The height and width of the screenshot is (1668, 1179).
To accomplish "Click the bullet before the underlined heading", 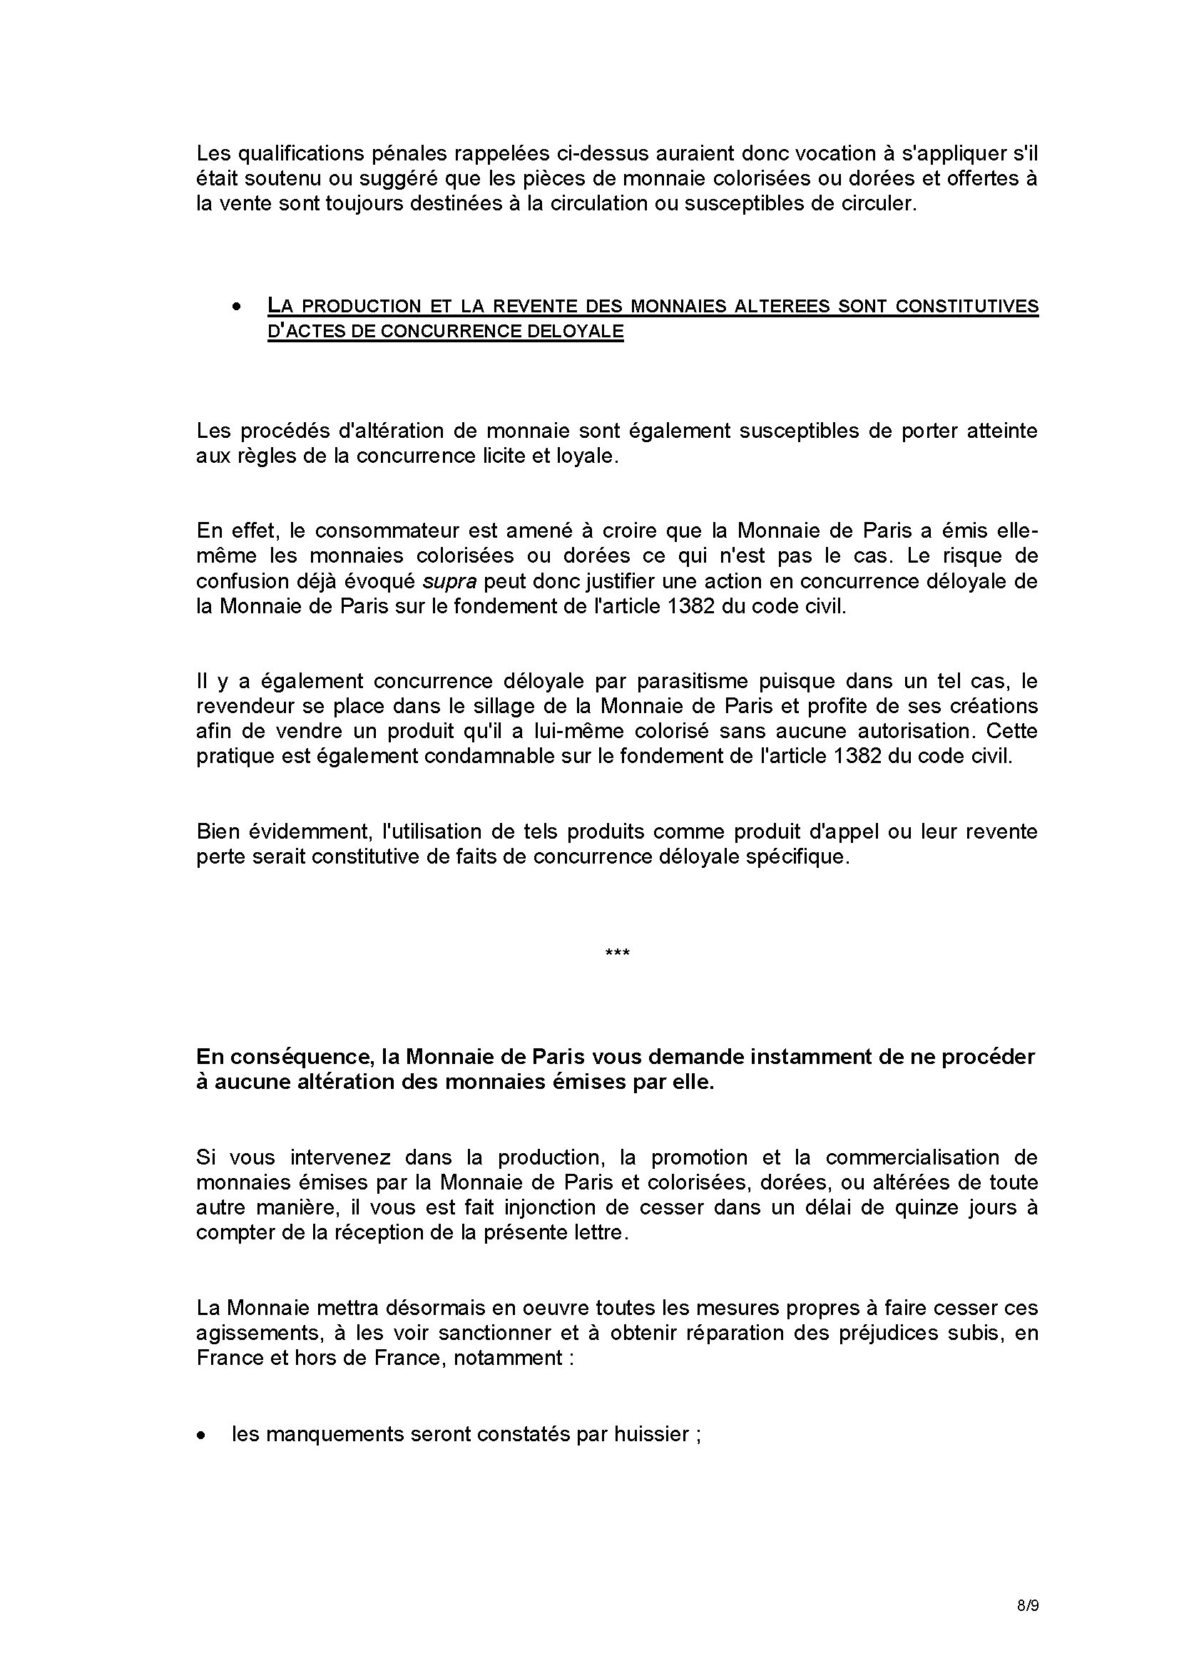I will tap(236, 307).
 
